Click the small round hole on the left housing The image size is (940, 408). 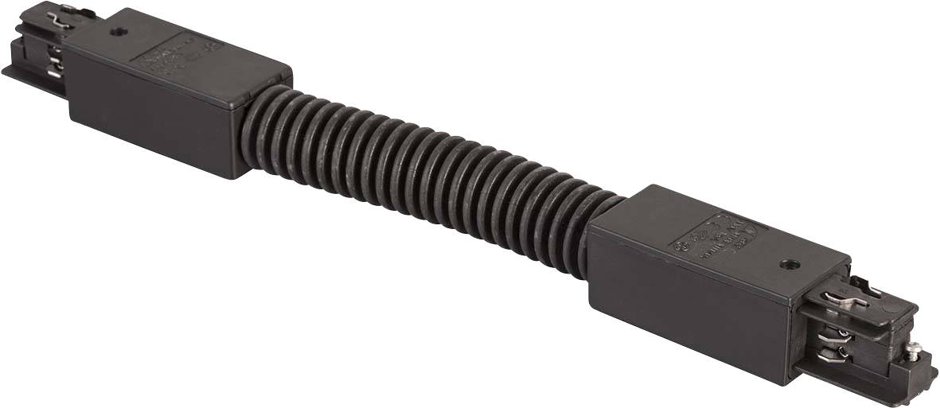coord(119,33)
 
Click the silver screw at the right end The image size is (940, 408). coord(918,348)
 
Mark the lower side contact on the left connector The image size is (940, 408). coord(51,74)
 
